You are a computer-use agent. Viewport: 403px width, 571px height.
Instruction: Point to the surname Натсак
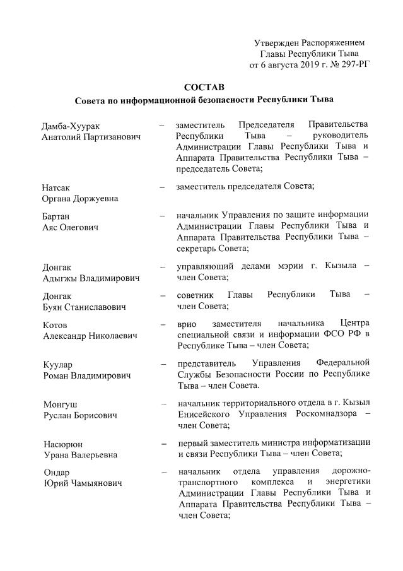[x=56, y=187]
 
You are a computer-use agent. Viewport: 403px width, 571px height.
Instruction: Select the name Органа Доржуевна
[x=80, y=198]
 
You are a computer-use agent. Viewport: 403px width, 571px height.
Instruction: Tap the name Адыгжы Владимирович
[x=90, y=277]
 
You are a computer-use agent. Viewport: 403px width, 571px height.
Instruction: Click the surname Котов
[x=55, y=324]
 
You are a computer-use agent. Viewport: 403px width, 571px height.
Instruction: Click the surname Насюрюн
[x=62, y=444]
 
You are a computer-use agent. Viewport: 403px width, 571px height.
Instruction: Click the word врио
[x=188, y=323]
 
